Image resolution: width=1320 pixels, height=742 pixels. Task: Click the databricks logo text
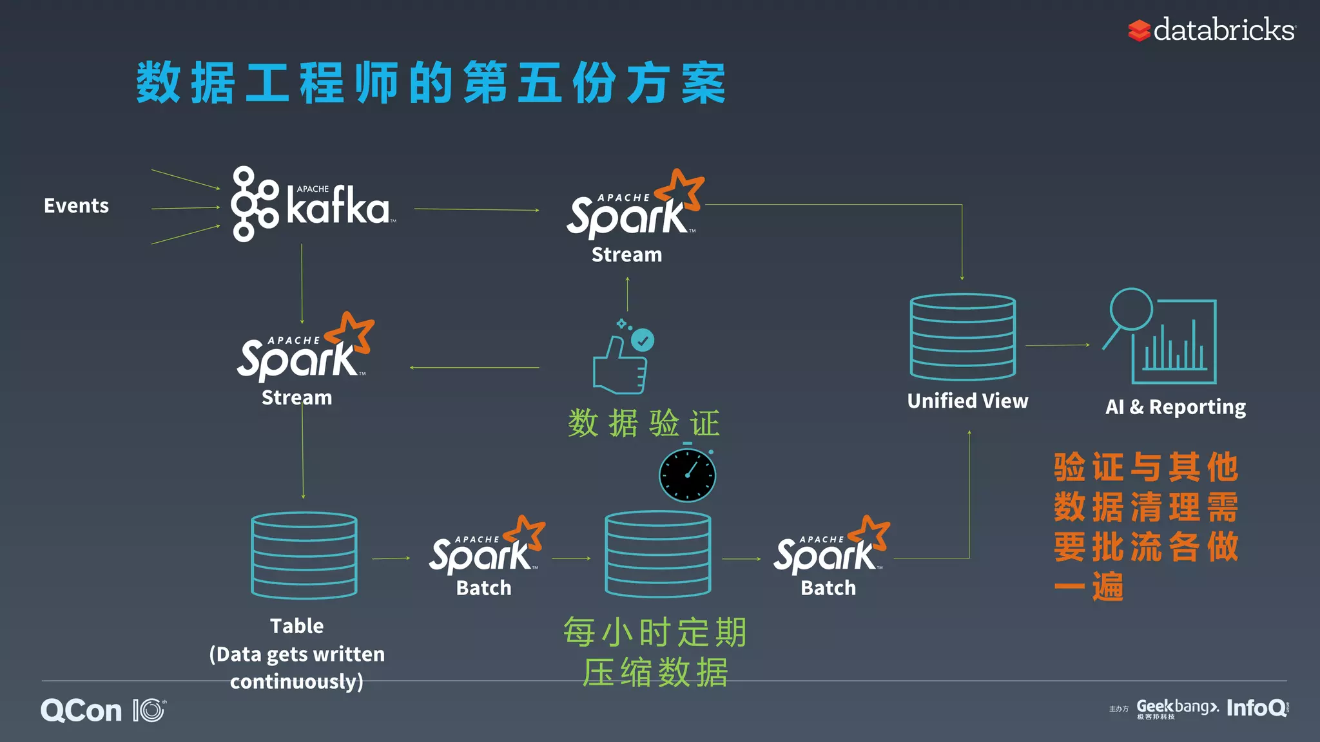click(x=1223, y=30)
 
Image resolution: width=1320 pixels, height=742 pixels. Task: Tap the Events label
click(x=76, y=205)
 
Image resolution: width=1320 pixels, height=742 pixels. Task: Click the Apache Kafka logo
click(x=313, y=205)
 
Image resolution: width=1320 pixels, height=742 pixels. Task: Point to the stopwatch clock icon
click(x=687, y=475)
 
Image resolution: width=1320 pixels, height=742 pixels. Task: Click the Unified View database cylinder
click(x=962, y=337)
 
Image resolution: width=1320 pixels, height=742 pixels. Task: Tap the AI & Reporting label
click(x=1175, y=407)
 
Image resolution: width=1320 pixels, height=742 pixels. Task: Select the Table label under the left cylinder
click(x=296, y=626)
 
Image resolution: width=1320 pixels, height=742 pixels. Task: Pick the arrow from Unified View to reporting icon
click(x=1057, y=345)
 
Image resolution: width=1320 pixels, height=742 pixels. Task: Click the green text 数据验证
click(x=643, y=423)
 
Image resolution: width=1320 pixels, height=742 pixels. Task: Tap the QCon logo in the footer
click(x=82, y=710)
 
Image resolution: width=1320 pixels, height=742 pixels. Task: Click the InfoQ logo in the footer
click(x=1256, y=708)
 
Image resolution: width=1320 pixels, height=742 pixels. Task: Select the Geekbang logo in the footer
click(x=1177, y=708)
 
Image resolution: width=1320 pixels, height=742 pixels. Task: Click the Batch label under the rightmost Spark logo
click(x=828, y=588)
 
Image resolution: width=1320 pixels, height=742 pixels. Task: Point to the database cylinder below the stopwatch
click(x=657, y=555)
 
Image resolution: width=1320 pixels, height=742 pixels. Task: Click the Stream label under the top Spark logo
click(x=626, y=255)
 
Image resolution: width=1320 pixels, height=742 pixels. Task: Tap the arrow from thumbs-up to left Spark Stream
click(x=474, y=368)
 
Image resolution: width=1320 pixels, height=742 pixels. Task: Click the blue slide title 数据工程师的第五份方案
click(x=431, y=84)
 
